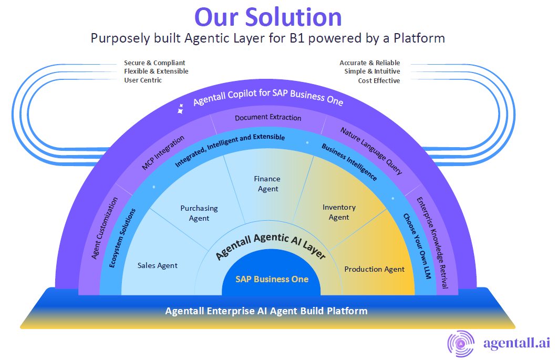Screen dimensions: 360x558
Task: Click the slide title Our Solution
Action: coord(268,17)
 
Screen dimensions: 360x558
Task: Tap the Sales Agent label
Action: coord(158,265)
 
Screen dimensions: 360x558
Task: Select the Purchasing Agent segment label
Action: coord(199,213)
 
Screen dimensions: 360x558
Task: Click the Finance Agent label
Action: coord(268,184)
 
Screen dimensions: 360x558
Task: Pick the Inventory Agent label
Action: coord(339,212)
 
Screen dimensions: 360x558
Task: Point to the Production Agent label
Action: coord(375,269)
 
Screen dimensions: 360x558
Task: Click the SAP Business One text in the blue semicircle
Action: coord(272,279)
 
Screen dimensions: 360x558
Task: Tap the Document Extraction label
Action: coord(268,117)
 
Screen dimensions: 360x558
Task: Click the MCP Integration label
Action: coord(163,153)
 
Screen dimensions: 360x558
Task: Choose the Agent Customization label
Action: coord(105,228)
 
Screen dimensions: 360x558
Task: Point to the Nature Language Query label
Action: coord(371,150)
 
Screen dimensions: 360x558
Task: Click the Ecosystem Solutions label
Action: coord(122,238)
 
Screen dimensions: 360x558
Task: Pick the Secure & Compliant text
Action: coord(154,63)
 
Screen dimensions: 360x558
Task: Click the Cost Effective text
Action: coord(379,81)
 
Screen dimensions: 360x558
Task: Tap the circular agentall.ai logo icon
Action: coord(460,343)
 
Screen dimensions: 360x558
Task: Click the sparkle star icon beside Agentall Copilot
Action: coord(181,109)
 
